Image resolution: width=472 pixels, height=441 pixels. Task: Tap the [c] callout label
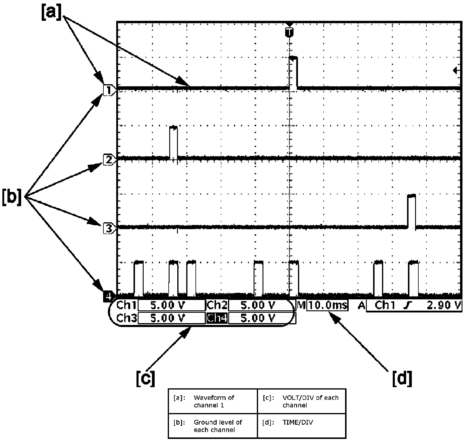145,378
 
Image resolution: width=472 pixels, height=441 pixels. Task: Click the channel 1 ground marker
108,90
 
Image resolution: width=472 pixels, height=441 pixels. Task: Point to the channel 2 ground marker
108,159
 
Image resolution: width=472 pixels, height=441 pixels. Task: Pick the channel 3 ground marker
108,228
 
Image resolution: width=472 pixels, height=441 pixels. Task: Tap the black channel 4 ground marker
108,296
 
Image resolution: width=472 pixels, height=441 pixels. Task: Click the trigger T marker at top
288,32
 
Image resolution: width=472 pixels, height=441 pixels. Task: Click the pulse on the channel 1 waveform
294,72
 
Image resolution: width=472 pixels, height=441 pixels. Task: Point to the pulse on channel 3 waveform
412,211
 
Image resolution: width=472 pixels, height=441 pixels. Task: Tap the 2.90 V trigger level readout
443,305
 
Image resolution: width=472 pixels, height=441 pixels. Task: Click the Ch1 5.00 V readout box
172,305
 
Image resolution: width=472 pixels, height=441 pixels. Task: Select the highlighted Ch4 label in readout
217,318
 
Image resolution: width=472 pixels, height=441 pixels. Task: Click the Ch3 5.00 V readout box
172,318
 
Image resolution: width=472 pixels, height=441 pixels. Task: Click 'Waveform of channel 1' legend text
214,401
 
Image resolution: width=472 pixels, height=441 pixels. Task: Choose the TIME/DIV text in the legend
298,422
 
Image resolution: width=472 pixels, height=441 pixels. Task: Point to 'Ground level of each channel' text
218,426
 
